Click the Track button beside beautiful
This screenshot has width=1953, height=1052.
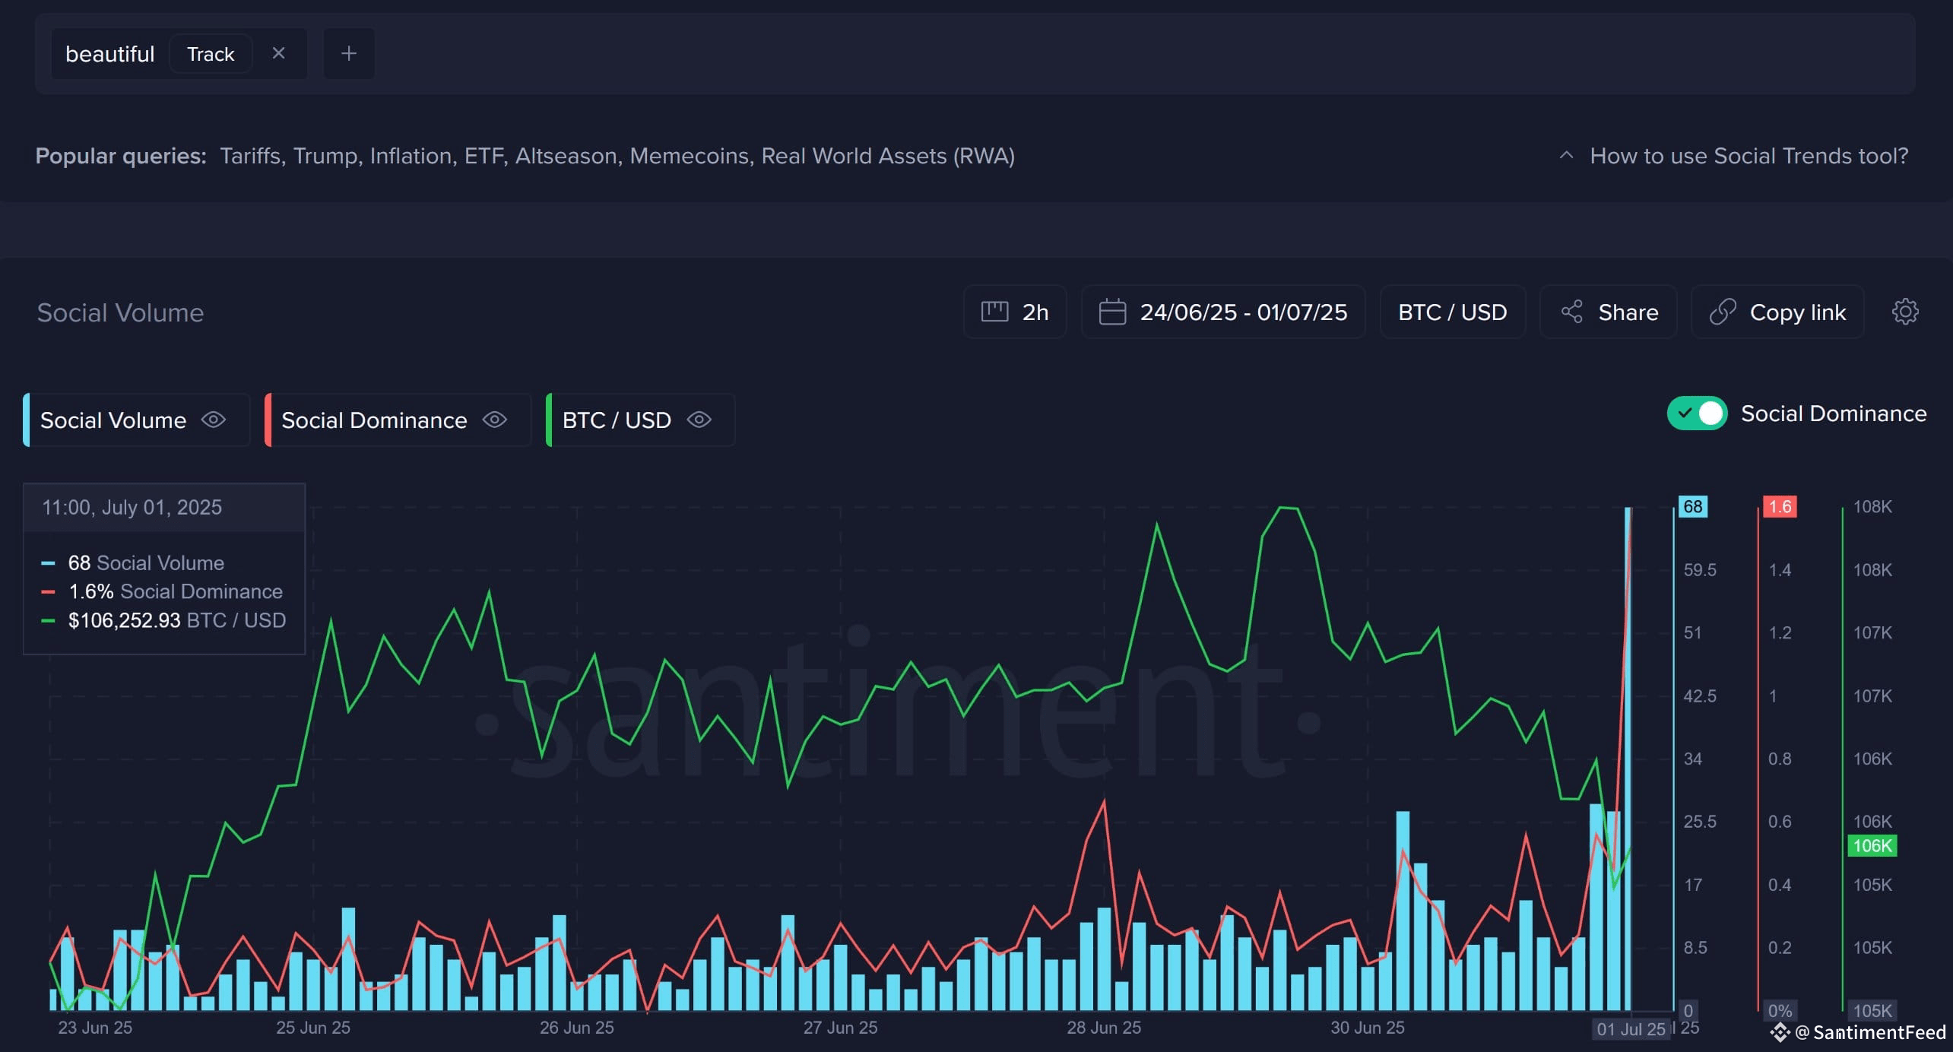coord(211,54)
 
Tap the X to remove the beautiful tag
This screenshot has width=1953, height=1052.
coord(278,53)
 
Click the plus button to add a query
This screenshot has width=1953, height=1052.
coord(349,53)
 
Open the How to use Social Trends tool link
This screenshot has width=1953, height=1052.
coord(1749,156)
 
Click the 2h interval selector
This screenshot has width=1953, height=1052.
coord(1015,312)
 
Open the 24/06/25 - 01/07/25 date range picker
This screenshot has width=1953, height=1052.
coord(1223,312)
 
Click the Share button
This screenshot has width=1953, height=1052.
coord(1609,312)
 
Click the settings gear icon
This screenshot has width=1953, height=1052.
coord(1905,312)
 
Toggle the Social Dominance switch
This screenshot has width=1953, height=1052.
coord(1698,414)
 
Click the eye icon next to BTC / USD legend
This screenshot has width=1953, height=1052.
coord(699,420)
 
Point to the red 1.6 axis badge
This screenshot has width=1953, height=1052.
coord(1780,507)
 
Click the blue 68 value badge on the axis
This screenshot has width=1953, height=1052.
coord(1693,507)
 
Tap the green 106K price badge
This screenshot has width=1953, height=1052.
coord(1872,845)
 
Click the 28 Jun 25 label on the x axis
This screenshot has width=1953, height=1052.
coord(1104,1028)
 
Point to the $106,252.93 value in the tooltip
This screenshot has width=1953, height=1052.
coord(125,620)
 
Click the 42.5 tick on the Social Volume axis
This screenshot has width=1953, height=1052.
coord(1700,696)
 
